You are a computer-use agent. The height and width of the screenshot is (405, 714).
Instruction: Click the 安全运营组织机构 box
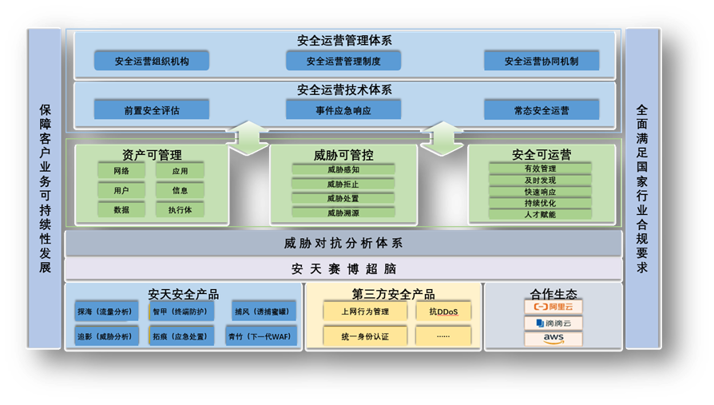pyautogui.click(x=152, y=61)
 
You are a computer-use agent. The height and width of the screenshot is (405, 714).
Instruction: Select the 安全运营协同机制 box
pyautogui.click(x=541, y=61)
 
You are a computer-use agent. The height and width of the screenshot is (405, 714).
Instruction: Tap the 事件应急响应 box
pyautogui.click(x=343, y=110)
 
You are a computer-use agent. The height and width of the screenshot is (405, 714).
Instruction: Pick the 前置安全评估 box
pyautogui.click(x=152, y=110)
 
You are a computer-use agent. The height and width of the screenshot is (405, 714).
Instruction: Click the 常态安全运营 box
pyautogui.click(x=541, y=110)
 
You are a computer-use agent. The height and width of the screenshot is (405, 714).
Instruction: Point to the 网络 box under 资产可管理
pyautogui.click(x=121, y=171)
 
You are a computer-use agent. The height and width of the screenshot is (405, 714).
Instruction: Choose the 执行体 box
pyautogui.click(x=180, y=209)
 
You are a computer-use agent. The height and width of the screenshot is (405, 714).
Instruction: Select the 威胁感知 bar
pyautogui.click(x=343, y=169)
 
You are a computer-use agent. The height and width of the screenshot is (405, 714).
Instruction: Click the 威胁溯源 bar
pyautogui.click(x=343, y=212)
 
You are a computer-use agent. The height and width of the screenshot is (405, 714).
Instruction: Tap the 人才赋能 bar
pyautogui.click(x=540, y=214)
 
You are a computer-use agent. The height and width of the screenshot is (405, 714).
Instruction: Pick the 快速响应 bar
pyautogui.click(x=540, y=192)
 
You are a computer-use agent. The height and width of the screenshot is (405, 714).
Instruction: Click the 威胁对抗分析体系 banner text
pyautogui.click(x=343, y=244)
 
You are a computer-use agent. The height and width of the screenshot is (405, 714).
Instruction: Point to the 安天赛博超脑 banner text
pyautogui.click(x=343, y=269)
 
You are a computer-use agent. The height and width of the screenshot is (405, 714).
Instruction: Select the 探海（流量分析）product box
pyautogui.click(x=106, y=312)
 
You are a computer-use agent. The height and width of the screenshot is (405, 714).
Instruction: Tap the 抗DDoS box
pyautogui.click(x=443, y=312)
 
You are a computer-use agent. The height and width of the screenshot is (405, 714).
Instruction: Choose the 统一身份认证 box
pyautogui.click(x=365, y=336)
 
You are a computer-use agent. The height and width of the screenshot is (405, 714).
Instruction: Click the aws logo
pyautogui.click(x=553, y=339)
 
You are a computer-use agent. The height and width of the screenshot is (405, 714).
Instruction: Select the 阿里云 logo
pyautogui.click(x=553, y=307)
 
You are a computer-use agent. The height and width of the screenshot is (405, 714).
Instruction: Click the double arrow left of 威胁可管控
pyautogui.click(x=248, y=138)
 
